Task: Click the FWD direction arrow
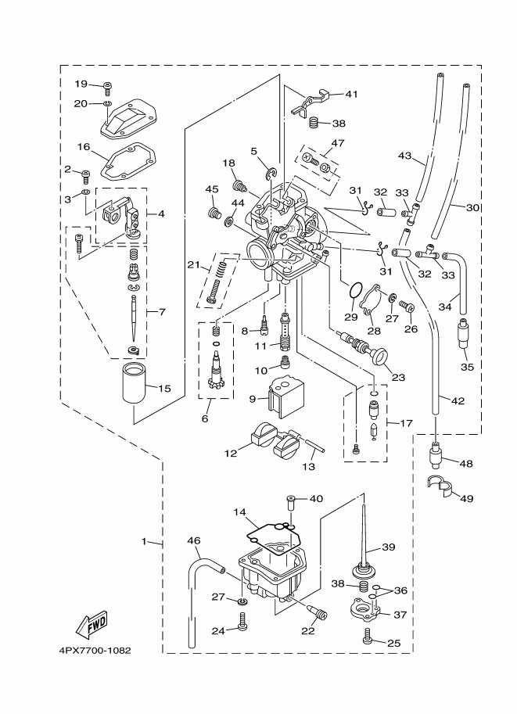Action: point(92,624)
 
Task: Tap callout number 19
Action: point(81,84)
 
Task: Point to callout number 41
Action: point(351,94)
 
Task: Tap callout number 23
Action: point(399,376)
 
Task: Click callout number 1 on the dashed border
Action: point(145,542)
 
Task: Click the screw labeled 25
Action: point(367,639)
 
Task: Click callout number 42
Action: point(458,400)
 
